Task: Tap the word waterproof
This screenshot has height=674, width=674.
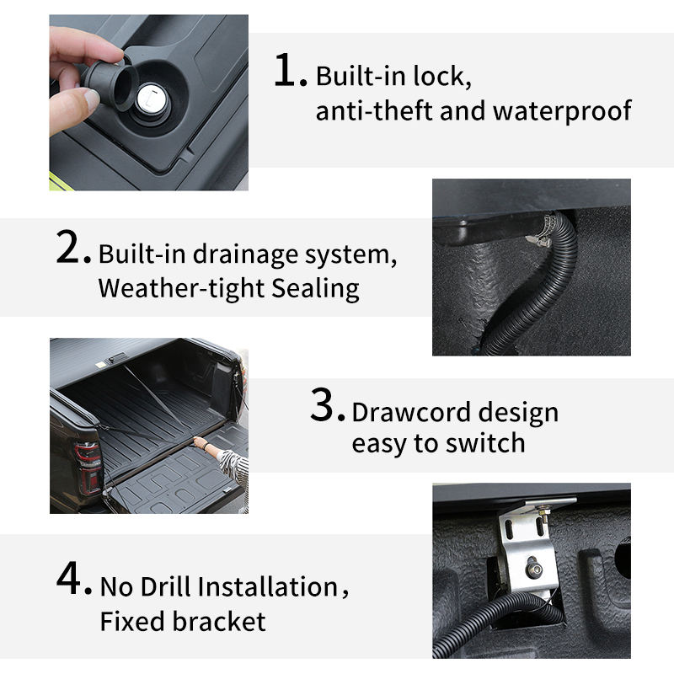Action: pos(562,112)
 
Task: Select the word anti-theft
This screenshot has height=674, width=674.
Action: pos(374,110)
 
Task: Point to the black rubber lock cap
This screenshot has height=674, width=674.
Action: pos(111,83)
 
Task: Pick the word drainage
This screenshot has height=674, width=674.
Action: pos(245,255)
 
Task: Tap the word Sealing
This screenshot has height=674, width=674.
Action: pos(315,289)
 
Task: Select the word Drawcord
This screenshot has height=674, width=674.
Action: pos(411,412)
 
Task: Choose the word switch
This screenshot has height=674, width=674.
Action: pos(485,443)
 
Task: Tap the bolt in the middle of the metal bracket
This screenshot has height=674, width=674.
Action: pos(533,569)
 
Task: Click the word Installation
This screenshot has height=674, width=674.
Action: pos(268,586)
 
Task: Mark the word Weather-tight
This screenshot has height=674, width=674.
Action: pos(181,288)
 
